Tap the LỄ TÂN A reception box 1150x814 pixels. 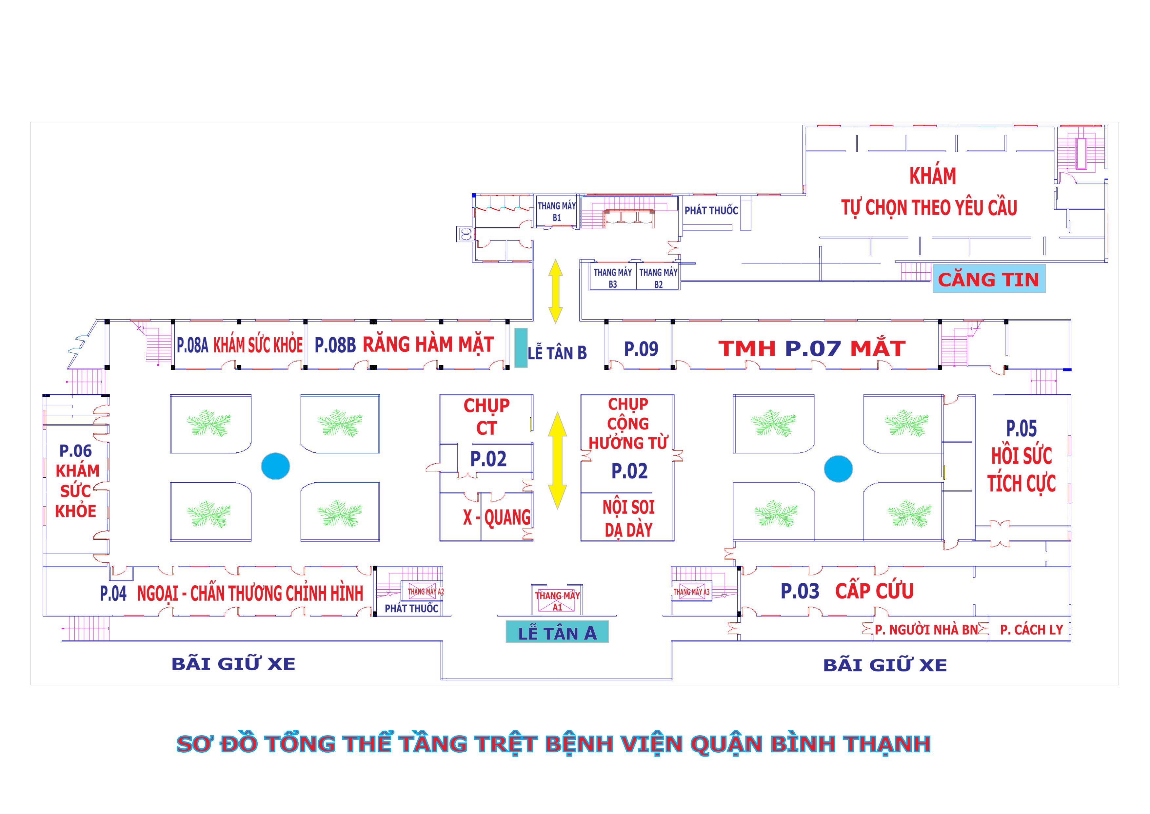point(557,633)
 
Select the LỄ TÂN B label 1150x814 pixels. point(557,353)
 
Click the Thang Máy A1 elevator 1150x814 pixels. point(557,600)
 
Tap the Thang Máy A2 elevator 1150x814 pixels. point(425,592)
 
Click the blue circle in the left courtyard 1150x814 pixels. point(275,466)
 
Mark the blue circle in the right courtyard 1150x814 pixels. point(838,469)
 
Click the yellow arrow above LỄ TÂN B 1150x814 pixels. point(555,291)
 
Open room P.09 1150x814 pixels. point(641,349)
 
